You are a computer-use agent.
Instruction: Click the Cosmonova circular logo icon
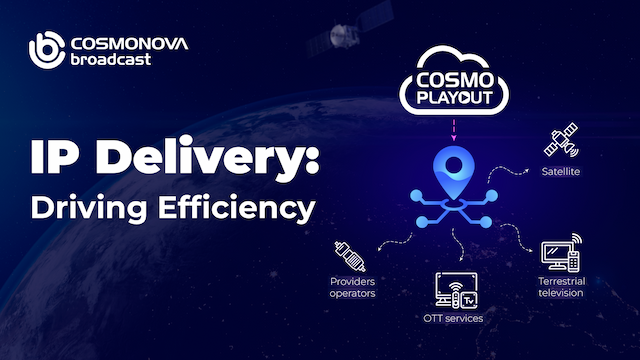(x=46, y=50)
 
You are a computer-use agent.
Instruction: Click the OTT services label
(x=455, y=318)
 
